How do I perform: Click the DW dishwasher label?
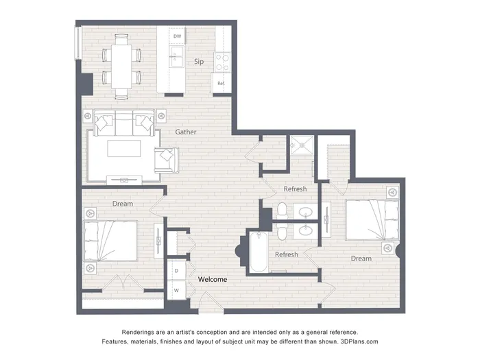point(177,36)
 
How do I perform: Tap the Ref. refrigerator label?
point(221,83)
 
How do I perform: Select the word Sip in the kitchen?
point(199,62)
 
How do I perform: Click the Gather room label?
point(186,132)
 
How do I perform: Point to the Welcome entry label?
point(213,279)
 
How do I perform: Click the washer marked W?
point(177,290)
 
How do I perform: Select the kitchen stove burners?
point(223,62)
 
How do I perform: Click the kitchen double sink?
point(177,57)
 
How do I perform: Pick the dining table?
point(121,67)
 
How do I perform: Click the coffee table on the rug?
point(124,149)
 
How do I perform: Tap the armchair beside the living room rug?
point(166,160)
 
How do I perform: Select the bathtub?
point(259,252)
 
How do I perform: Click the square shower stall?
point(302,145)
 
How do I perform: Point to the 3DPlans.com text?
point(359,341)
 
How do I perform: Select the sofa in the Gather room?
point(124,123)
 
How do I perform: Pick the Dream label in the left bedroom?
point(123,204)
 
